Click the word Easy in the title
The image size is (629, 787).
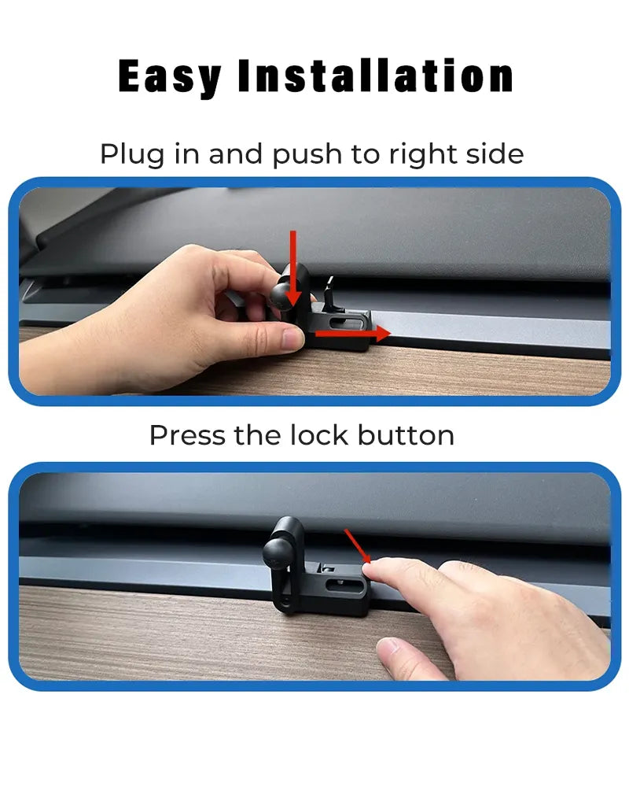click(x=170, y=77)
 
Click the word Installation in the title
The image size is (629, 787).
click(x=376, y=76)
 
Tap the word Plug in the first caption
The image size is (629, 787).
click(x=132, y=154)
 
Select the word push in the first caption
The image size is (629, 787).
click(x=307, y=153)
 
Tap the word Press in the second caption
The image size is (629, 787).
click(x=187, y=435)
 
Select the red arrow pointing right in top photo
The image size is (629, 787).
click(x=352, y=333)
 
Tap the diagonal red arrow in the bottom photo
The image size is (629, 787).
click(x=357, y=546)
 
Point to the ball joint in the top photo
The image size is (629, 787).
click(x=282, y=295)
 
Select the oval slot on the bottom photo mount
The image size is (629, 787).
click(x=341, y=584)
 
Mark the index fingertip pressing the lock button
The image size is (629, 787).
click(x=371, y=570)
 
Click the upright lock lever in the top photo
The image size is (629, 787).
click(x=328, y=294)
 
